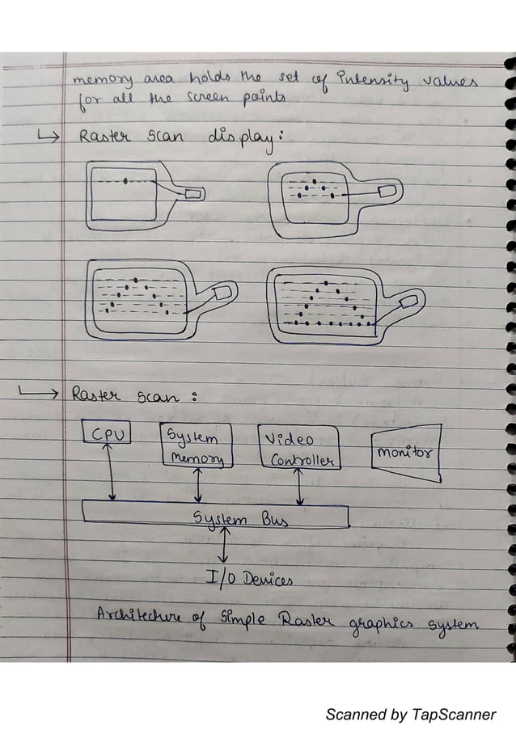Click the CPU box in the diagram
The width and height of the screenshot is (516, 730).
coord(107,434)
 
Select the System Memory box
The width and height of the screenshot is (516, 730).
coord(197,446)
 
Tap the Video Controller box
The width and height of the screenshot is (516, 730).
coord(299,448)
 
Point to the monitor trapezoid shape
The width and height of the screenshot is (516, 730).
coord(406,454)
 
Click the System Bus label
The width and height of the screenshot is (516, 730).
coord(228,518)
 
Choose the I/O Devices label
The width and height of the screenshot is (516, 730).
coord(248,577)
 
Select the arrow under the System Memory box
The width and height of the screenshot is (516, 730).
coord(197,484)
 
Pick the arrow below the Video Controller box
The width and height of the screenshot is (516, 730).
coord(299,486)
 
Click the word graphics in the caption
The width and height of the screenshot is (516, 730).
coord(382,624)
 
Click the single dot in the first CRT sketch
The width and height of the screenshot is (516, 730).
coord(125,181)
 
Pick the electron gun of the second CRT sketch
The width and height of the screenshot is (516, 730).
coord(386,190)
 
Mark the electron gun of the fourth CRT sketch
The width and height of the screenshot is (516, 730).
coord(408,300)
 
